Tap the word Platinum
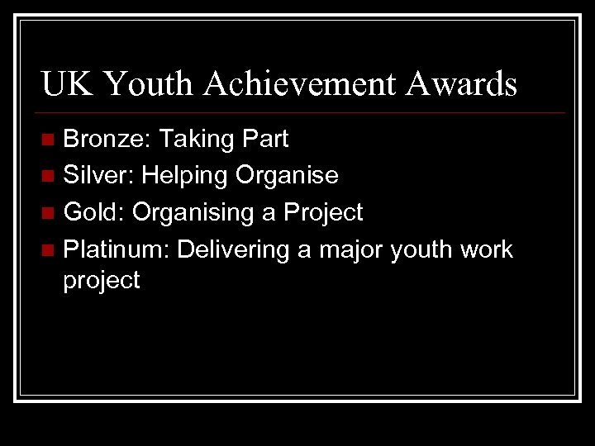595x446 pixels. tap(117, 249)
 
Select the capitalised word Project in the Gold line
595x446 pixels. tap(323, 213)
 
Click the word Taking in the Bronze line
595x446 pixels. tap(198, 140)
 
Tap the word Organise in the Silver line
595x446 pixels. tap(287, 176)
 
